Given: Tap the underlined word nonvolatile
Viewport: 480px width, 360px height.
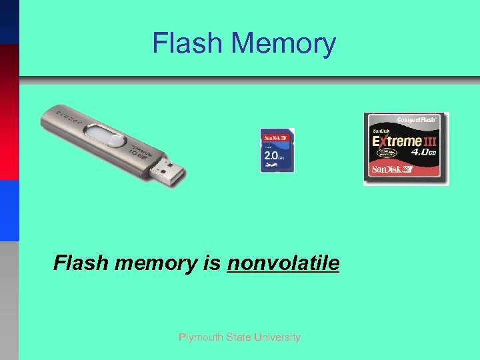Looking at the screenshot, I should [283, 263].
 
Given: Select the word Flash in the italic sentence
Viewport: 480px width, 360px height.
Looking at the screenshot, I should [81, 263].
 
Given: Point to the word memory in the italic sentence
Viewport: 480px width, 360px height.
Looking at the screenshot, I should [153, 263].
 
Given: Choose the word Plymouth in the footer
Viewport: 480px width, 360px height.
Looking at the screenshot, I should [198, 337].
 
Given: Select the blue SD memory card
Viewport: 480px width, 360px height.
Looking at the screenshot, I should [277, 150].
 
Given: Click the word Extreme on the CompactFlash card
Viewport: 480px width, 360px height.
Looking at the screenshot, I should [397, 142].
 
